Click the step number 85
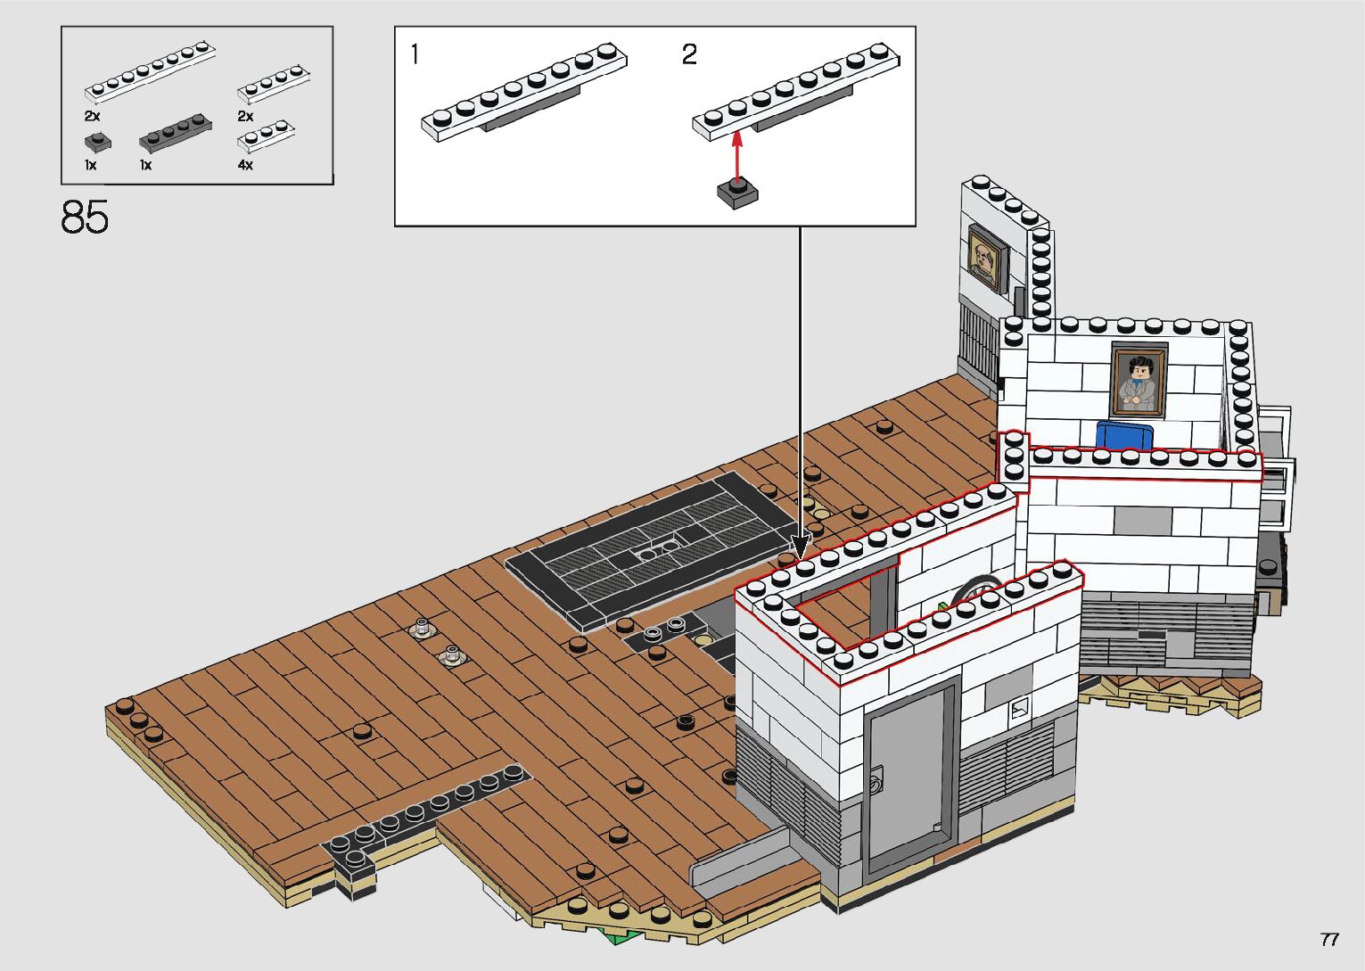[85, 217]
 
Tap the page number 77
[1328, 940]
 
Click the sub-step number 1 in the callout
[414, 54]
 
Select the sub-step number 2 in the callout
[688, 54]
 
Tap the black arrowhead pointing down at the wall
[800, 543]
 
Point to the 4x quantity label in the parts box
[245, 165]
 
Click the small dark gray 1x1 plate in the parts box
[97, 141]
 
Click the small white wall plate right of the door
[1018, 711]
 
